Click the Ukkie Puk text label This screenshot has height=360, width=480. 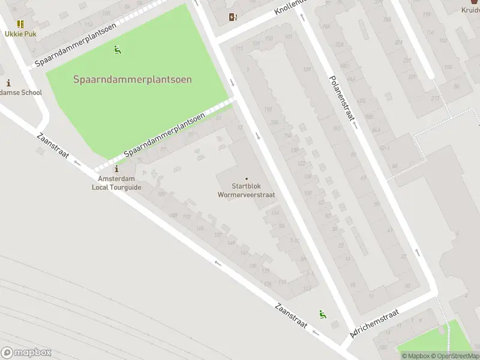(21, 34)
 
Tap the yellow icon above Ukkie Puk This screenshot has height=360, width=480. (21, 24)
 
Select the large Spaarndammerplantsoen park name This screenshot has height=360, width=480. (133, 79)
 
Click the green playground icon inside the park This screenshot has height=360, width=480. (118, 50)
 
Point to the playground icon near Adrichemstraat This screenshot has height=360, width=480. (322, 314)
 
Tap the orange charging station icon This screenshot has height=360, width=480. (233, 17)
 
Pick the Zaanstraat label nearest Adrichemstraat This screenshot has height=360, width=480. (291, 316)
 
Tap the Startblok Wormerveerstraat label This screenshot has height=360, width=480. (246, 190)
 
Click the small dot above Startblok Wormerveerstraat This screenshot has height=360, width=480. (246, 178)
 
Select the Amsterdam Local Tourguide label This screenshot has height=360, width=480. (116, 183)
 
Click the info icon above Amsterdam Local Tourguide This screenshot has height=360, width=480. (116, 170)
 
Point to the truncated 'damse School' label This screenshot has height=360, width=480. (21, 92)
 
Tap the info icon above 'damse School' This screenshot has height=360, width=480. (8, 83)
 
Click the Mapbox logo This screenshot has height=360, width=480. (26, 353)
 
